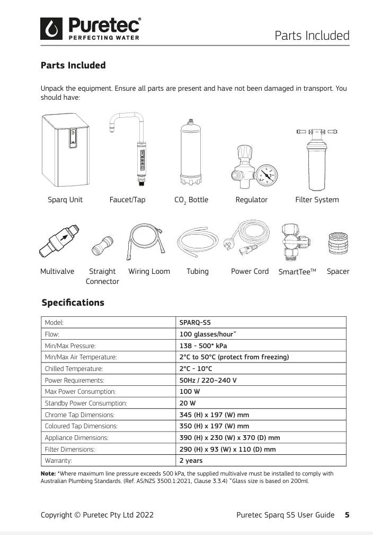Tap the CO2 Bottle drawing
[191, 151]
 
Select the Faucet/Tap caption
[127, 200]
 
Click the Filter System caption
[317, 200]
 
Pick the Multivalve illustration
[59, 242]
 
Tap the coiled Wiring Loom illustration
[148, 241]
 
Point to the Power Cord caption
[250, 271]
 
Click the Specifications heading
[73, 303]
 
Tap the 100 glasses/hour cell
[208, 334]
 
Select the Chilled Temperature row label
[74, 369]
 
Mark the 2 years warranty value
[191, 461]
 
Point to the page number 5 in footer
[347, 515]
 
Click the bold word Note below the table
[48, 473]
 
